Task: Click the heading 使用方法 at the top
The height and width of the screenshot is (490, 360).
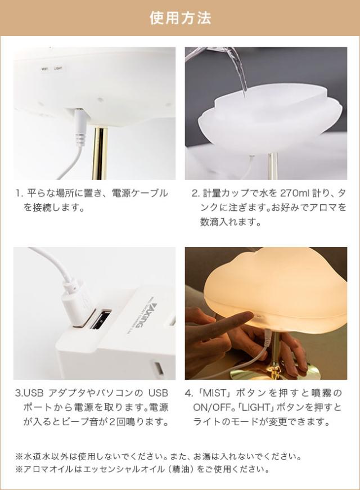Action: pos(180,18)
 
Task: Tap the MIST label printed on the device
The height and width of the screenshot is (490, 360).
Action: pos(44,69)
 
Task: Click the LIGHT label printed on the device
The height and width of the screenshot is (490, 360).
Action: pos(58,69)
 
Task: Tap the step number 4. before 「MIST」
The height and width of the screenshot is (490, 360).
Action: pos(188,393)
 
